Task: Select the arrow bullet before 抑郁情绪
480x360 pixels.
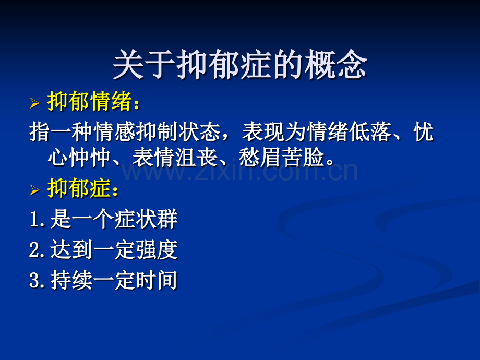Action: [34, 103]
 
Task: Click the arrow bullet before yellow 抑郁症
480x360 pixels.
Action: [34, 190]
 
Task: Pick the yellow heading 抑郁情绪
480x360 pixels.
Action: [90, 101]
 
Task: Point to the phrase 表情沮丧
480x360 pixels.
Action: [174, 158]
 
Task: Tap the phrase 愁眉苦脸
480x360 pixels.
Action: [281, 158]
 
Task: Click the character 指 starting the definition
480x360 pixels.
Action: [40, 132]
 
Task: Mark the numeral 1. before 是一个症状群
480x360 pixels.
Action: [38, 219]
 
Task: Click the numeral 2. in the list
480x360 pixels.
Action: [38, 249]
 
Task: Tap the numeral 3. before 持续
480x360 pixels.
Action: [38, 280]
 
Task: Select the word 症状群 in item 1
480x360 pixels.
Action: [146, 219]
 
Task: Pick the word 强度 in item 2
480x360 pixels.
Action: [157, 249]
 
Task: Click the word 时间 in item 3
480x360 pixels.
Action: [157, 280]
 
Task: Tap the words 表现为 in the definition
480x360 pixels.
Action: [274, 132]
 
